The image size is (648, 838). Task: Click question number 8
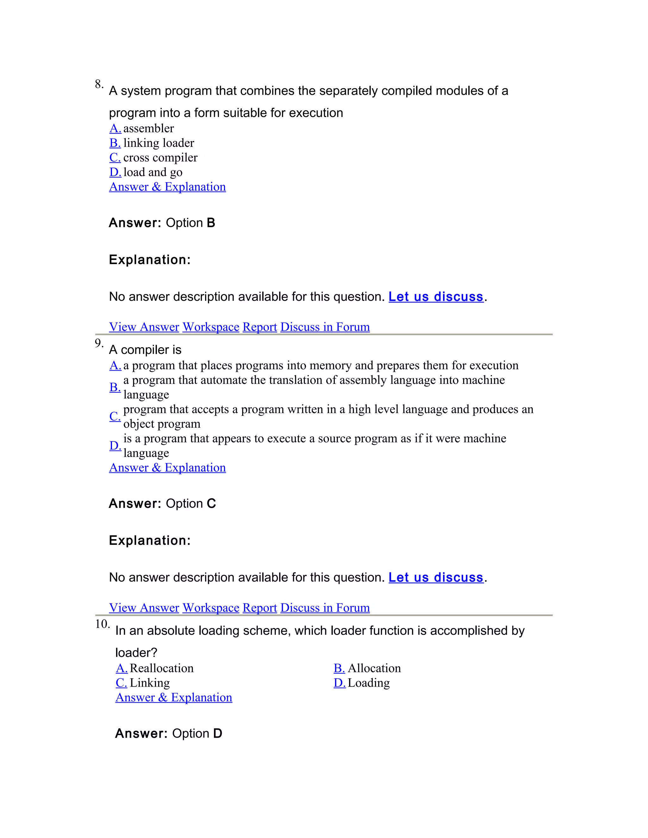pos(99,84)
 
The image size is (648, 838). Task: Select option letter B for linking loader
pos(115,143)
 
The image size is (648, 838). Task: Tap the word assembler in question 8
pos(149,128)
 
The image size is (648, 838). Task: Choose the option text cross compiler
pos(160,158)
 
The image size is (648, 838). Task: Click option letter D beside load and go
pos(115,172)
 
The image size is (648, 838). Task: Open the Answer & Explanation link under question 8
pos(167,187)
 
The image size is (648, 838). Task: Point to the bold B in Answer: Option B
pos(211,223)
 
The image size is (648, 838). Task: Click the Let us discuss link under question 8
pos(436,297)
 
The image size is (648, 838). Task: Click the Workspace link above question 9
pos(211,327)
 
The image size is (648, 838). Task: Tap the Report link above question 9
pos(259,327)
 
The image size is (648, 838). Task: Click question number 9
pos(99,343)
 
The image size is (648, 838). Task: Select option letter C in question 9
pos(115,416)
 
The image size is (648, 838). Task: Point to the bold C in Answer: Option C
pos(211,503)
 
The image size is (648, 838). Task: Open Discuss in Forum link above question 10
pos(325,608)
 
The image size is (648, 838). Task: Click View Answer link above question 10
pos(144,608)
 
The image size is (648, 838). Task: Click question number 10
pos(102,624)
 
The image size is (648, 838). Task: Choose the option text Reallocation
pos(162,669)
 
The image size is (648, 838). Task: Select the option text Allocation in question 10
pos(374,669)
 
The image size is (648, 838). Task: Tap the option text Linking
pos(150,683)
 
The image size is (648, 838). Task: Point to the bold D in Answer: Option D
pos(218,734)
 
